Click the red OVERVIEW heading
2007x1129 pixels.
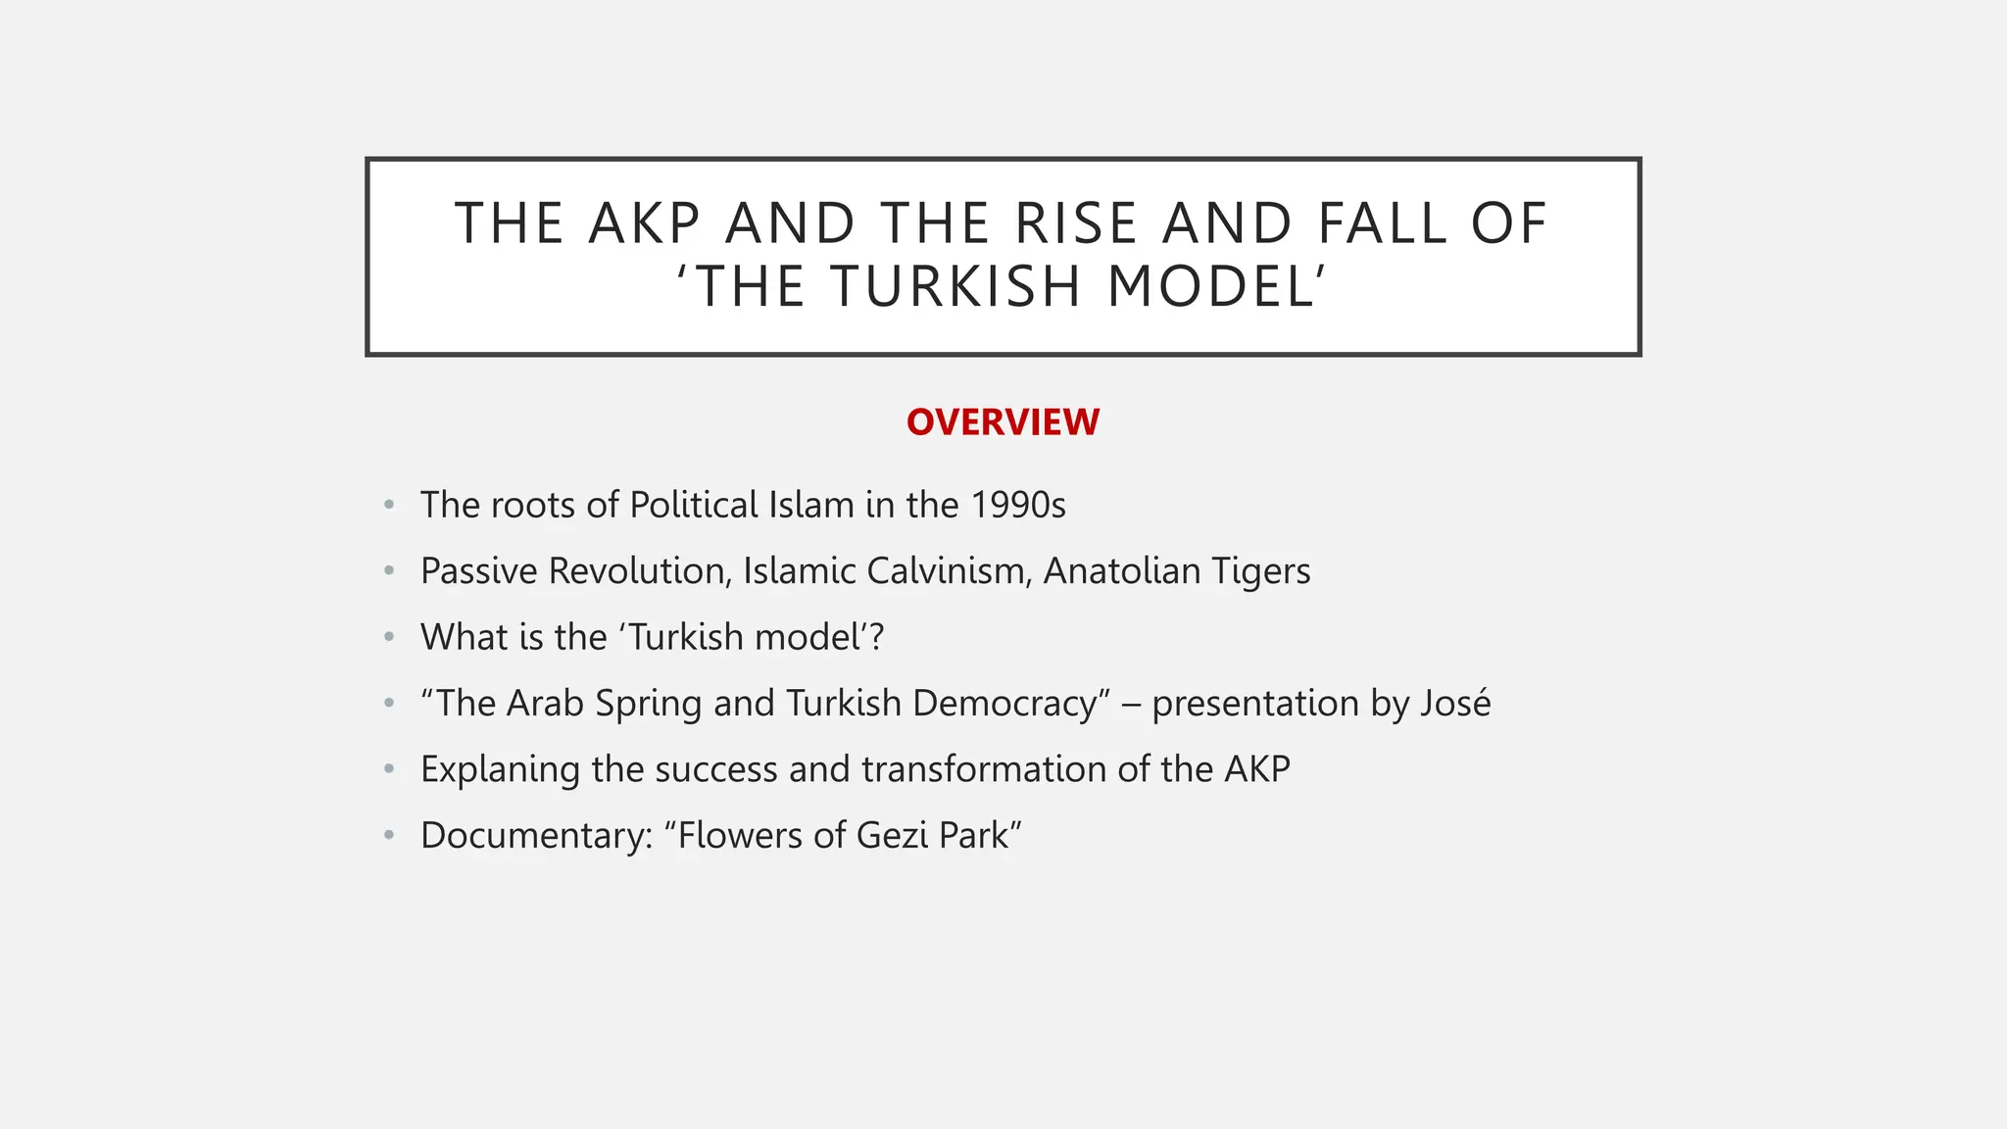(1003, 422)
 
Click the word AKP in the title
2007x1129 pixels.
(645, 223)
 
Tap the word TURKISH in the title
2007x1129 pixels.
(955, 287)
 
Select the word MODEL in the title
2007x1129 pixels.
(1211, 287)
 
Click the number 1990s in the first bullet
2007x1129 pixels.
(1018, 506)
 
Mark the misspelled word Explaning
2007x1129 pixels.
(500, 770)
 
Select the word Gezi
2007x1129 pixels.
(892, 836)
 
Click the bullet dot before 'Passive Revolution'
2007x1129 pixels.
(389, 570)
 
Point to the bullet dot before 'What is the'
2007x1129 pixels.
(389, 637)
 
